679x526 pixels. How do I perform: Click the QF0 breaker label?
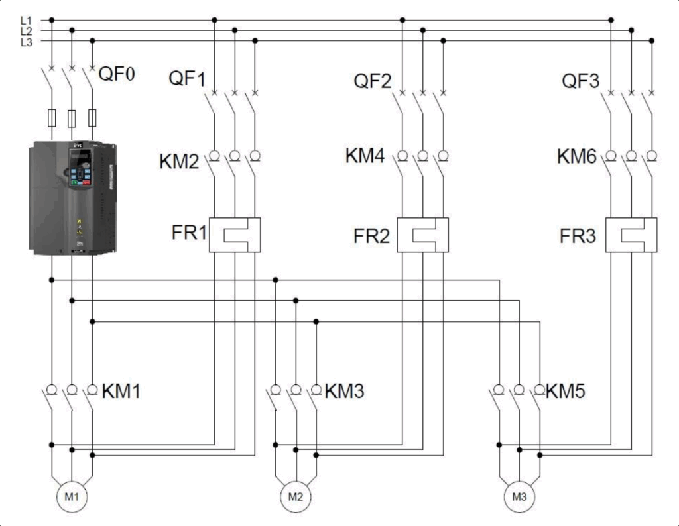pos(117,74)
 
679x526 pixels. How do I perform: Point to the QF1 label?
pos(187,79)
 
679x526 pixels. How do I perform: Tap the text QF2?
pos(373,81)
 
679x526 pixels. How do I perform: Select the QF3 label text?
pos(581,81)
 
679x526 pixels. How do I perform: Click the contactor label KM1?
pos(121,392)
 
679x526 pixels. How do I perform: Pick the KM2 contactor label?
pos(179,162)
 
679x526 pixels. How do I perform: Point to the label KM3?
pos(344,392)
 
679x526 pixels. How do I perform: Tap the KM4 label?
pos(365,156)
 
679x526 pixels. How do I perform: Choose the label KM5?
pos(565,392)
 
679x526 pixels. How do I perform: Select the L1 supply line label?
pos(26,21)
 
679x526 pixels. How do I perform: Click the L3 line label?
pos(26,42)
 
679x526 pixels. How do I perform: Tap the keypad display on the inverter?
pos(80,158)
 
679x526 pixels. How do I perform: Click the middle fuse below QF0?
pos(72,118)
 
